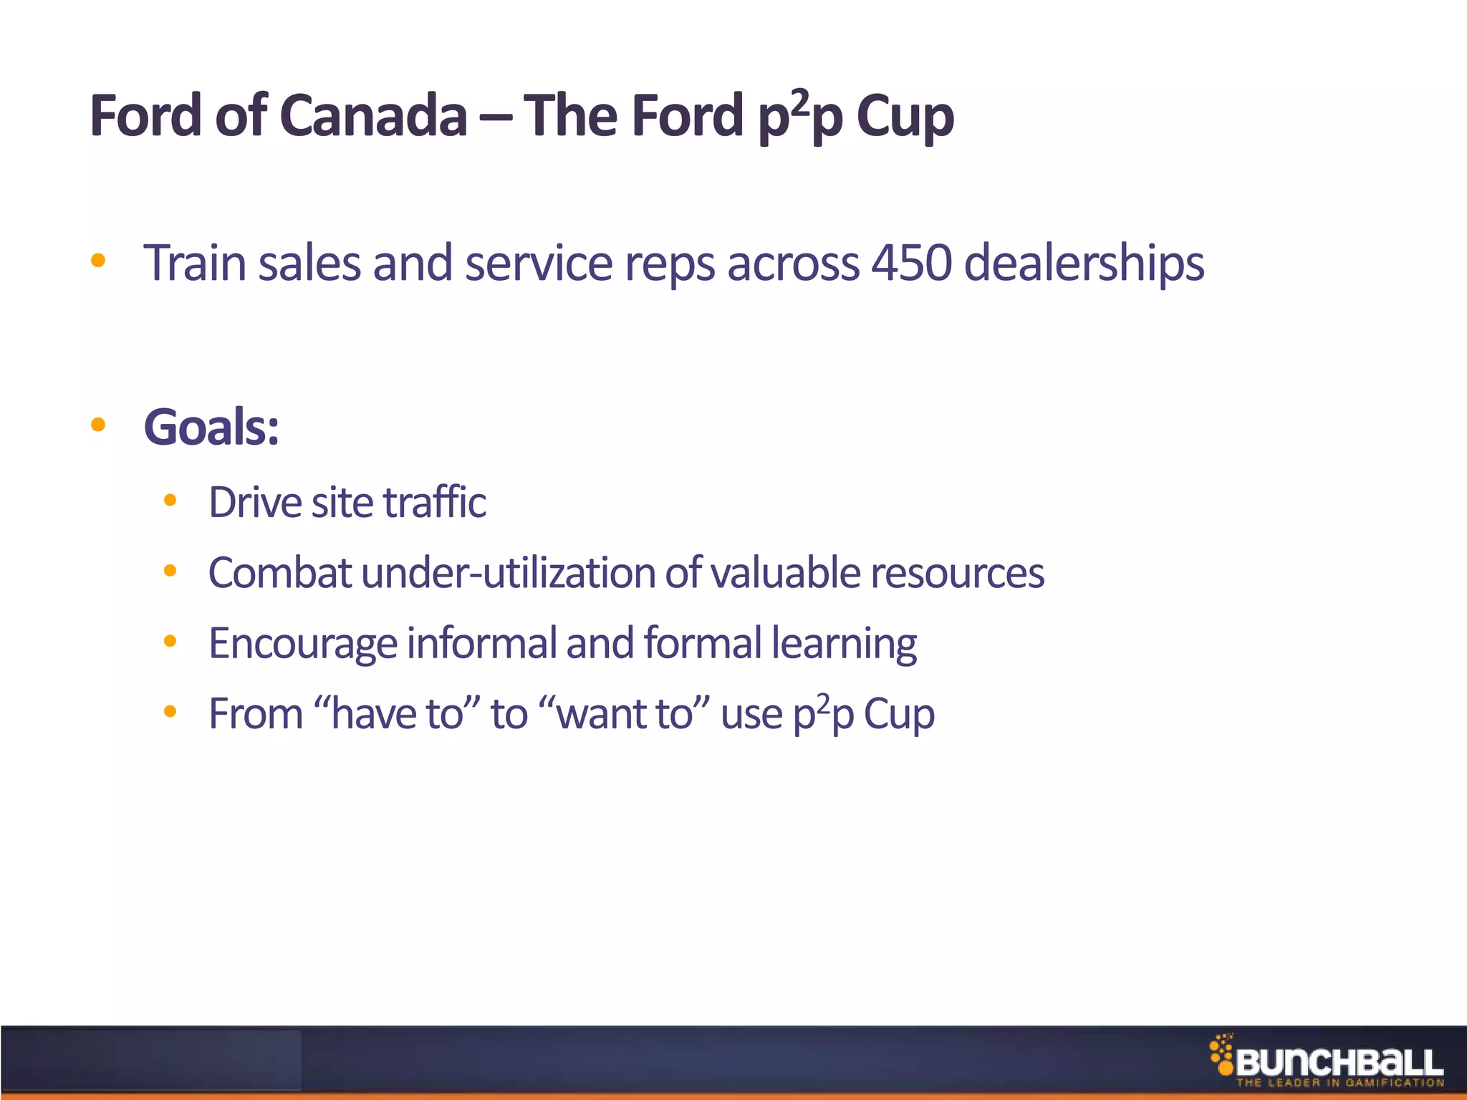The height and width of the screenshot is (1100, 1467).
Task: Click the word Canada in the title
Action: pyautogui.click(x=372, y=116)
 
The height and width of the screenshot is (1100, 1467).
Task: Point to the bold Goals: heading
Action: pyautogui.click(x=211, y=428)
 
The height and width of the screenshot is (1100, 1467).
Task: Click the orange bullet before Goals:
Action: pyautogui.click(x=98, y=425)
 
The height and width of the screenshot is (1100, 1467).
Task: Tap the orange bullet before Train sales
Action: pyautogui.click(x=98, y=261)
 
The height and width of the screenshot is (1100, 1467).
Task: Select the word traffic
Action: pyautogui.click(x=435, y=502)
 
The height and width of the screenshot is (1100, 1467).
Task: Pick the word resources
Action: pyautogui.click(x=957, y=574)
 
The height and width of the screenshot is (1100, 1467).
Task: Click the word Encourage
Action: pyautogui.click(x=302, y=644)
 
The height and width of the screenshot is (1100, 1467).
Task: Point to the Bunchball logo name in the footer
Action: pyautogui.click(x=1339, y=1062)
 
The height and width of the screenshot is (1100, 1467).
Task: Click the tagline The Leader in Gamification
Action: pyautogui.click(x=1339, y=1083)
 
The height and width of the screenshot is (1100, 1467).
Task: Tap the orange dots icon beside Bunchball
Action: pyautogui.click(x=1221, y=1053)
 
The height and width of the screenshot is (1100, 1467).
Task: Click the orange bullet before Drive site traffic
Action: pyautogui.click(x=170, y=501)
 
